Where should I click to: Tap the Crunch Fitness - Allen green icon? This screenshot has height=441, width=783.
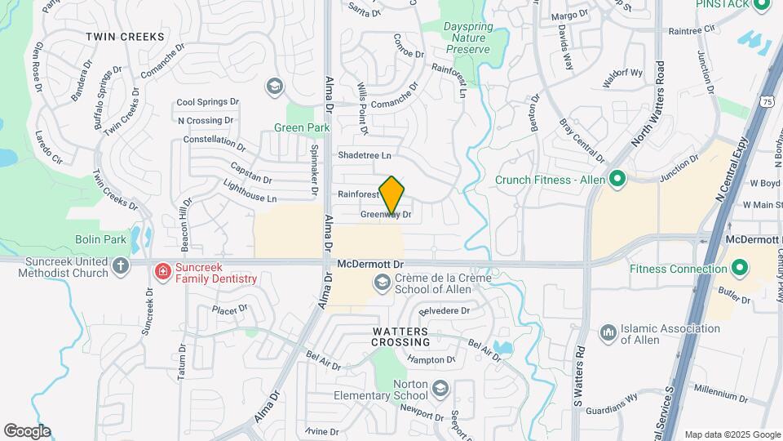pyautogui.click(x=617, y=177)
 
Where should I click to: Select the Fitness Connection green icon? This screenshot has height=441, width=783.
pyautogui.click(x=740, y=267)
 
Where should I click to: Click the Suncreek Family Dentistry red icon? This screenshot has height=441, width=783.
pyautogui.click(x=162, y=270)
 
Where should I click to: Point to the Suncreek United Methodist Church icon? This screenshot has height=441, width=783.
pyautogui.click(x=121, y=265)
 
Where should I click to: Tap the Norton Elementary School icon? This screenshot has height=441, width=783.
pyautogui.click(x=440, y=387)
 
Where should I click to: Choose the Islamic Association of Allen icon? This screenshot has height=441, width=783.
pyautogui.click(x=607, y=333)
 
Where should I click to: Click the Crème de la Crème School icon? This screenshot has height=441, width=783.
pyautogui.click(x=381, y=283)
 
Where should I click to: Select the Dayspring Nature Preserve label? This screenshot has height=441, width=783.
pyautogui.click(x=467, y=38)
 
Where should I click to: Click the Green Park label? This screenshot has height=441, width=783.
pyautogui.click(x=302, y=127)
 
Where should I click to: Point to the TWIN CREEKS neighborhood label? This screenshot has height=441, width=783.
pyautogui.click(x=125, y=37)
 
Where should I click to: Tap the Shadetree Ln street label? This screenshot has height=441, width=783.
pyautogui.click(x=365, y=154)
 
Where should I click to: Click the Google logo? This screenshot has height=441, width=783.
pyautogui.click(x=27, y=430)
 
